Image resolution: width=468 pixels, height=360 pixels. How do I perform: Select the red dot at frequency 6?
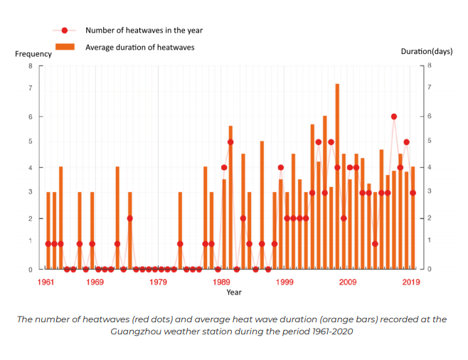[x=393, y=117]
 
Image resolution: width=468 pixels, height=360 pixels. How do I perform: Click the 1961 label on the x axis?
[x=46, y=282]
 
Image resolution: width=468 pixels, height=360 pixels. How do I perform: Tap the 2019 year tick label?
[x=410, y=282]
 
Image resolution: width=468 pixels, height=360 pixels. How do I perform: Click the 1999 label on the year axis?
[x=284, y=282]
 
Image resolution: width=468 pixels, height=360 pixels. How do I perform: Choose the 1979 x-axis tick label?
[x=159, y=282]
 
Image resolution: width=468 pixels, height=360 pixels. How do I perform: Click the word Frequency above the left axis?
[x=33, y=54]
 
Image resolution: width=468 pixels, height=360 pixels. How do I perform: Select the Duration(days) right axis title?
[x=426, y=52]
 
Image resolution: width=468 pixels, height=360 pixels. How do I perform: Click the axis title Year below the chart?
[x=234, y=292]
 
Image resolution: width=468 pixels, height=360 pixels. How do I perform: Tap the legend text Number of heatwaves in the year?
[x=144, y=31]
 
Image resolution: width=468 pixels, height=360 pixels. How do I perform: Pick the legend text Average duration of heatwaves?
[x=139, y=47]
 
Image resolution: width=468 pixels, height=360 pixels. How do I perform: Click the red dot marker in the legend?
[x=65, y=31]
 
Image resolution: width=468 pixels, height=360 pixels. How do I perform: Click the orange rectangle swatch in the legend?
[x=65, y=47]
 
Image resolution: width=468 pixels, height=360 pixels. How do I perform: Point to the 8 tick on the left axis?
[x=31, y=66]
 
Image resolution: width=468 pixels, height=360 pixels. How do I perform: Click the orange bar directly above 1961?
[x=48, y=231]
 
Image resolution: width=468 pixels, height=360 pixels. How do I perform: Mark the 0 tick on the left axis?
[x=31, y=269]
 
